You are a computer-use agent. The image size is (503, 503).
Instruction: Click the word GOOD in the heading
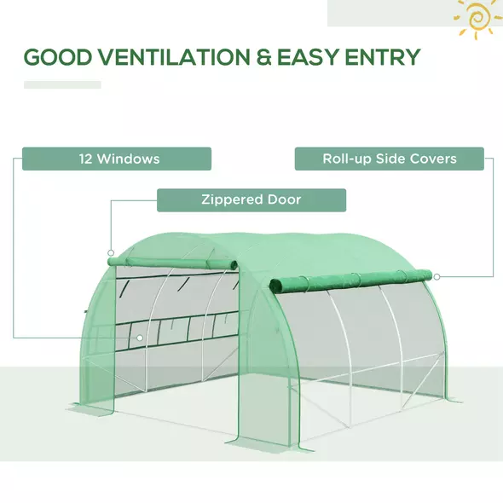pyautogui.click(x=56, y=57)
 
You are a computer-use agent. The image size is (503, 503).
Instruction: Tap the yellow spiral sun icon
pyautogui.click(x=477, y=17)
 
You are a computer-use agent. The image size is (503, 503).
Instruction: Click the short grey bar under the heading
pyautogui.click(x=61, y=84)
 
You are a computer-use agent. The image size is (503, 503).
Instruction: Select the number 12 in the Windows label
pyautogui.click(x=85, y=159)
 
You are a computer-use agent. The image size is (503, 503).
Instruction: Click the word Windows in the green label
pyautogui.click(x=128, y=159)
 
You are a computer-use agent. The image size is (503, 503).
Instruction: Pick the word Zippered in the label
pyautogui.click(x=232, y=200)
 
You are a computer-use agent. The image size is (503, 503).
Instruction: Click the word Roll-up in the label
pyautogui.click(x=344, y=159)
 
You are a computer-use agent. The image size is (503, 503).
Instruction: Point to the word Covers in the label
pyautogui.click(x=432, y=159)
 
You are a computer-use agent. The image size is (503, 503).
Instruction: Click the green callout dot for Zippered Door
pyautogui.click(x=111, y=252)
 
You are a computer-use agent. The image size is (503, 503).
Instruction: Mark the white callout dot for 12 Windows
pyautogui.click(x=141, y=338)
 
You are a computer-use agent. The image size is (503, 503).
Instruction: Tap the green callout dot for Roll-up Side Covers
pyautogui.click(x=436, y=276)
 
